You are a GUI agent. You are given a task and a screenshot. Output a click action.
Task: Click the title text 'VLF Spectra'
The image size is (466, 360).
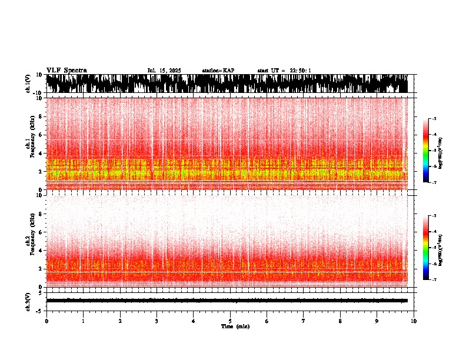tap(66, 71)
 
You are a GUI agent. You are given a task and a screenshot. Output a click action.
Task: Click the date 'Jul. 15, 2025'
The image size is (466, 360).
tap(164, 71)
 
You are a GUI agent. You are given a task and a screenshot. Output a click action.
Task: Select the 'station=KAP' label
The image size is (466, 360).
tap(218, 71)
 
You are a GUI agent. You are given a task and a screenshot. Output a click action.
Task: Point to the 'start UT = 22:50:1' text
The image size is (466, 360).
tap(284, 71)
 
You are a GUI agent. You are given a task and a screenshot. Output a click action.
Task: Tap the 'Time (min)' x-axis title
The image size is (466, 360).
tap(235, 326)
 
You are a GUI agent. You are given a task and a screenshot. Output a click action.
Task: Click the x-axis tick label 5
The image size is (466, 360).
tap(230, 321)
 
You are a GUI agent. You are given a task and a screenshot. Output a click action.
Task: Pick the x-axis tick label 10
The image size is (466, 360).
tap(414, 321)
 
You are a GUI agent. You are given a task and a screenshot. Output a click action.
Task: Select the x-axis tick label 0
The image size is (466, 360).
tap(46, 321)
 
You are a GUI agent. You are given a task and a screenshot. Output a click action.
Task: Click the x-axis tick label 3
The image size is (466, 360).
tap(157, 321)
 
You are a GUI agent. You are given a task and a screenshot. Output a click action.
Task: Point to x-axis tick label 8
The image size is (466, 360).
tap(340, 321)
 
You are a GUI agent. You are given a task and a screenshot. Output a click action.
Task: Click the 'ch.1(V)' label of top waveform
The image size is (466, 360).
tap(28, 84)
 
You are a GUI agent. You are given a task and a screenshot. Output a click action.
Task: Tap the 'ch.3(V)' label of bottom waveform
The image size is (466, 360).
tap(28, 301)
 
